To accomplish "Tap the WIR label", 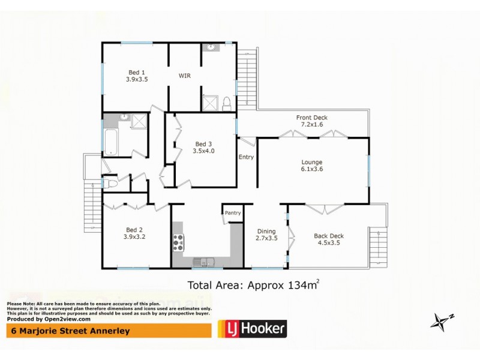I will pyautogui.click(x=185, y=76).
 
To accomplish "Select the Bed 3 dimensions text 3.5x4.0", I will pyautogui.click(x=204, y=151).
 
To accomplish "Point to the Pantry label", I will pyautogui.click(x=232, y=212).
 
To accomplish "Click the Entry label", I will pyautogui.click(x=246, y=157).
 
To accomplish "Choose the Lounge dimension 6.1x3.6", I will pyautogui.click(x=311, y=170).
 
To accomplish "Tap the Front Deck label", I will pyautogui.click(x=312, y=118).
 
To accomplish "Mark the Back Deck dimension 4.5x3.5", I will pyautogui.click(x=328, y=244).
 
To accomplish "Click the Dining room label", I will pyautogui.click(x=266, y=231).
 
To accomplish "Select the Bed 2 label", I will pyautogui.click(x=133, y=229).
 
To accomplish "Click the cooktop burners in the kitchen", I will pyautogui.click(x=179, y=242).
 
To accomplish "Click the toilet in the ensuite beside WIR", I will pyautogui.click(x=227, y=105).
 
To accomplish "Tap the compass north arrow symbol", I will pyautogui.click(x=440, y=321).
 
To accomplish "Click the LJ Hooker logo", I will pyautogui.click(x=251, y=328).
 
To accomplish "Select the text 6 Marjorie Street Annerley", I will pyautogui.click(x=68, y=331).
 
